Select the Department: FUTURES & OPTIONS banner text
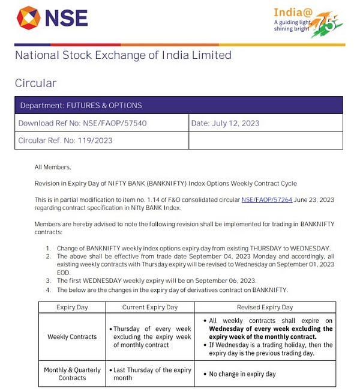point(81,105)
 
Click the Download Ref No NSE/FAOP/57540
point(82,123)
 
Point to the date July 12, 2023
point(226,123)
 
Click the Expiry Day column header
point(72,307)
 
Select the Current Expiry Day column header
point(150,307)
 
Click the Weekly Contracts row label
point(72,336)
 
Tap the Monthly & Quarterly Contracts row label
point(72,374)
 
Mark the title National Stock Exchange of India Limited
point(123,55)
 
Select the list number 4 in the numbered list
point(49,289)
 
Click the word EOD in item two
point(64,271)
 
